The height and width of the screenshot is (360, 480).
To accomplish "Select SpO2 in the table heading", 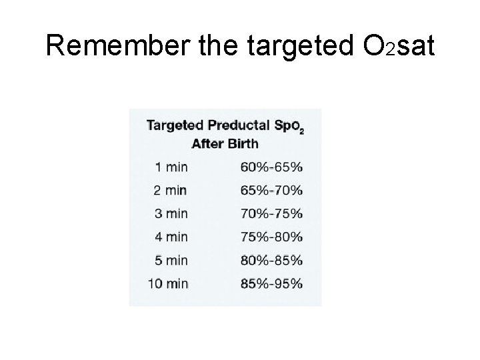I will point(288,126).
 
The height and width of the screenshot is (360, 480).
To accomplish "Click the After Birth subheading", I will point(225,143).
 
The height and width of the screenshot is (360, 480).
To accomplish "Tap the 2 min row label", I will point(170,190).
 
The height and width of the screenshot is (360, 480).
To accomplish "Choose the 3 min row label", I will point(170,213).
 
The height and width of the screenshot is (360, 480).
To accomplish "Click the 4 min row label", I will point(170,237).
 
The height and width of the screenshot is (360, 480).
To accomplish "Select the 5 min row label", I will point(170,260).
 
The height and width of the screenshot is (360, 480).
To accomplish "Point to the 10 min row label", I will point(167,283).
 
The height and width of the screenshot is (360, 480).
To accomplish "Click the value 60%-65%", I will point(270,167).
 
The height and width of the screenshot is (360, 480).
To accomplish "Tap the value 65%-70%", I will point(270,190).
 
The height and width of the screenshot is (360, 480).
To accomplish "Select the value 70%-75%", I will point(270,213).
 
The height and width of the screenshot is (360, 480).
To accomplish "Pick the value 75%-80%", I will point(270,237).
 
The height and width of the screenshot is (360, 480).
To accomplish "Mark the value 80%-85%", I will point(270,260).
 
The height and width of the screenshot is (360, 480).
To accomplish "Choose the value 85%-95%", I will point(270,283).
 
